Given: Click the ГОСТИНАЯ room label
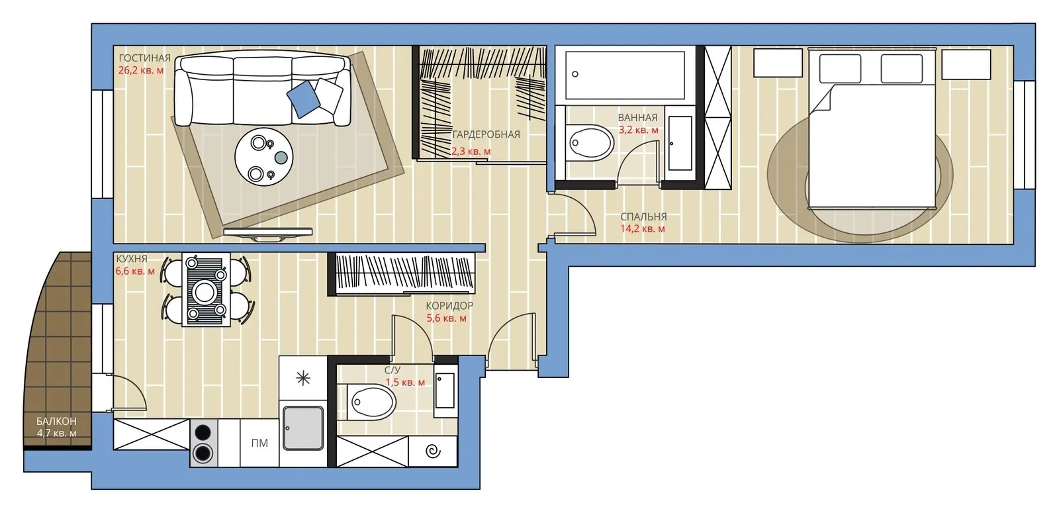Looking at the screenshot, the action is tap(144, 58).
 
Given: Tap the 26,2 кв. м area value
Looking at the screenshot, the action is tap(141, 70).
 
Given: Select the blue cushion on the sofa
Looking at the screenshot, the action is tap(303, 99).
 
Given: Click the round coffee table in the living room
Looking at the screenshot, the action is tap(264, 157).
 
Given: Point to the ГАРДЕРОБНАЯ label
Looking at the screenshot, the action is tap(486, 135).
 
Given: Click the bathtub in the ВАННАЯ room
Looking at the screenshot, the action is tap(625, 75).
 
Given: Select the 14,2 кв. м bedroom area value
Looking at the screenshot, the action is tap(643, 229).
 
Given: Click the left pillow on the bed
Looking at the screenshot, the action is tap(840, 69).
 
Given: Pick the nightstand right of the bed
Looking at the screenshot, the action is tap(966, 64).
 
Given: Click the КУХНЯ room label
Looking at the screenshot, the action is tap(132, 259).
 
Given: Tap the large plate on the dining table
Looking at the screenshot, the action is tap(205, 292).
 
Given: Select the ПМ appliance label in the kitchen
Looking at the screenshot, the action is tap(259, 443).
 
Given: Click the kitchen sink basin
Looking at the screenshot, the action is tap(303, 428).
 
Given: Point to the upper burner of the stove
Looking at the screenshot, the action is tap(203, 432).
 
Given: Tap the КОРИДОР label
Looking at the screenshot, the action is tap(449, 306).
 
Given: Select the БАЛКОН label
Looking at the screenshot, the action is tap(56, 421).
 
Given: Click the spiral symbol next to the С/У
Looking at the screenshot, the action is tap(433, 451).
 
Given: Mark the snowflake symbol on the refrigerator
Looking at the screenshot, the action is tap(303, 378).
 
